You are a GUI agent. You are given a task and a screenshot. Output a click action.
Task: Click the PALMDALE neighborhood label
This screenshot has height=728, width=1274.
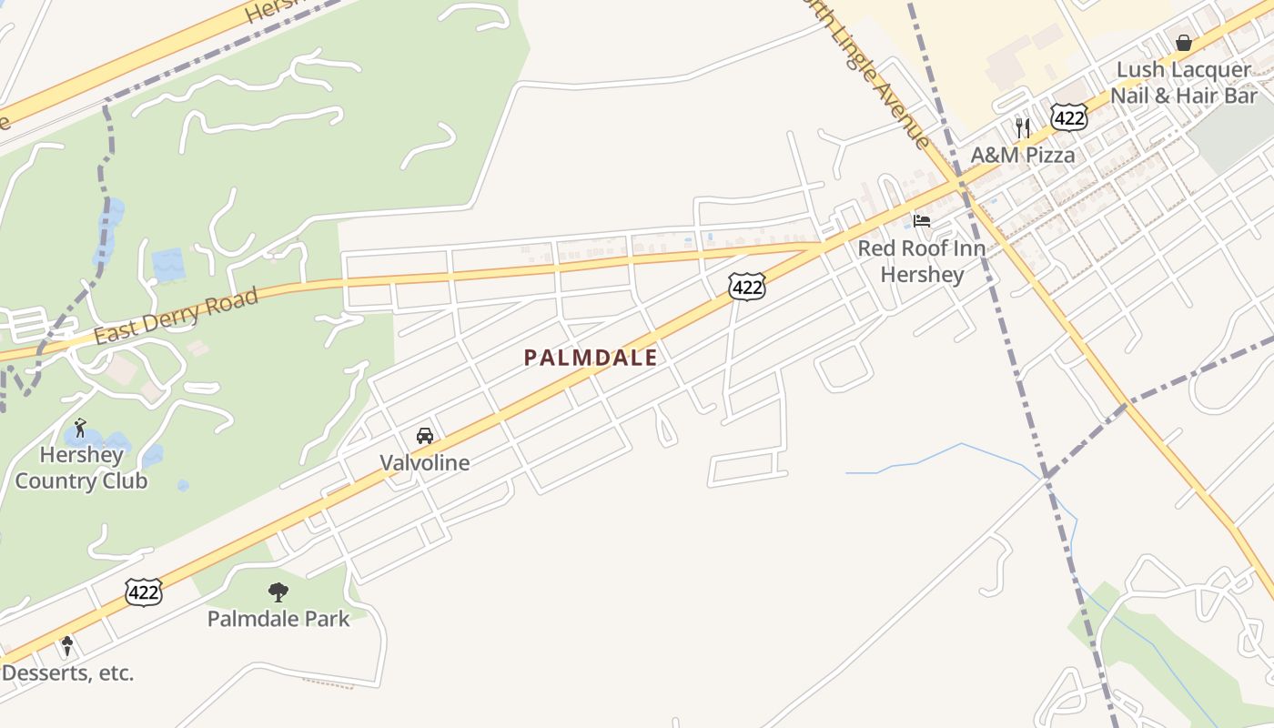[590, 358]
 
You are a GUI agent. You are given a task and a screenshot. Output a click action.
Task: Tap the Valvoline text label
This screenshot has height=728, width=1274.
[425, 462]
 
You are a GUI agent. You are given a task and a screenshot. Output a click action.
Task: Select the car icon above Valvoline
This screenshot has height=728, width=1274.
[425, 436]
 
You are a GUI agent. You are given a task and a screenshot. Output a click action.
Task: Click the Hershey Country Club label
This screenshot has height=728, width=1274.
[81, 468]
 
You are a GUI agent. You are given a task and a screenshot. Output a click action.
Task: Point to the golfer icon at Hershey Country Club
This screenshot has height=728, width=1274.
[80, 427]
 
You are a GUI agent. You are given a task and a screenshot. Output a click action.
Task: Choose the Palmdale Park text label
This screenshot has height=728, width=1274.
[278, 619]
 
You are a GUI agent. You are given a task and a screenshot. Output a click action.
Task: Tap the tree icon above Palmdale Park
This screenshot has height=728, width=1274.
[278, 592]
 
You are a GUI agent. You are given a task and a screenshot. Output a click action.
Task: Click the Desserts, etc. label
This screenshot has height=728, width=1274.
[68, 673]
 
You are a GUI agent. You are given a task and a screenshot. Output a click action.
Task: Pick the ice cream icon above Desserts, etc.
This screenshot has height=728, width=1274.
[67, 646]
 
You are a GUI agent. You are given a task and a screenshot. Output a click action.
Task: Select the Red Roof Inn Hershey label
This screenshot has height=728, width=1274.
[922, 261]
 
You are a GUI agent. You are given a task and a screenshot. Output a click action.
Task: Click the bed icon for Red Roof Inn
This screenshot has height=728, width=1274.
[922, 221]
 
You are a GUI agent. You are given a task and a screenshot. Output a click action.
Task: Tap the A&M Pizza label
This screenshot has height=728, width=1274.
[1023, 155]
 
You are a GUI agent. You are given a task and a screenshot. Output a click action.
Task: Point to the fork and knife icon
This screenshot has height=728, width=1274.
[1023, 127]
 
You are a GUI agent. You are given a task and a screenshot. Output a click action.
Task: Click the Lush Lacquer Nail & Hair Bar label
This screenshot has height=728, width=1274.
[1184, 83]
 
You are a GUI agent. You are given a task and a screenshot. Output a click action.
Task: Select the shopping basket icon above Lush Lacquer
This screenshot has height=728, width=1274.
[1184, 43]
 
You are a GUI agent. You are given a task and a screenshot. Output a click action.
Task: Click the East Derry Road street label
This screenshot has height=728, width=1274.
[176, 316]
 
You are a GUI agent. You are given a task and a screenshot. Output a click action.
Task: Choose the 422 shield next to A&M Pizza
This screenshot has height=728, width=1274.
[1068, 116]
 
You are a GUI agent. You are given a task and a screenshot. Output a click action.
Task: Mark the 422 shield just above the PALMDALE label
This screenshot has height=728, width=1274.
[746, 288]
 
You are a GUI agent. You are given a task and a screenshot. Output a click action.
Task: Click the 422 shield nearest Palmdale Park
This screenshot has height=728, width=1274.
[144, 593]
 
